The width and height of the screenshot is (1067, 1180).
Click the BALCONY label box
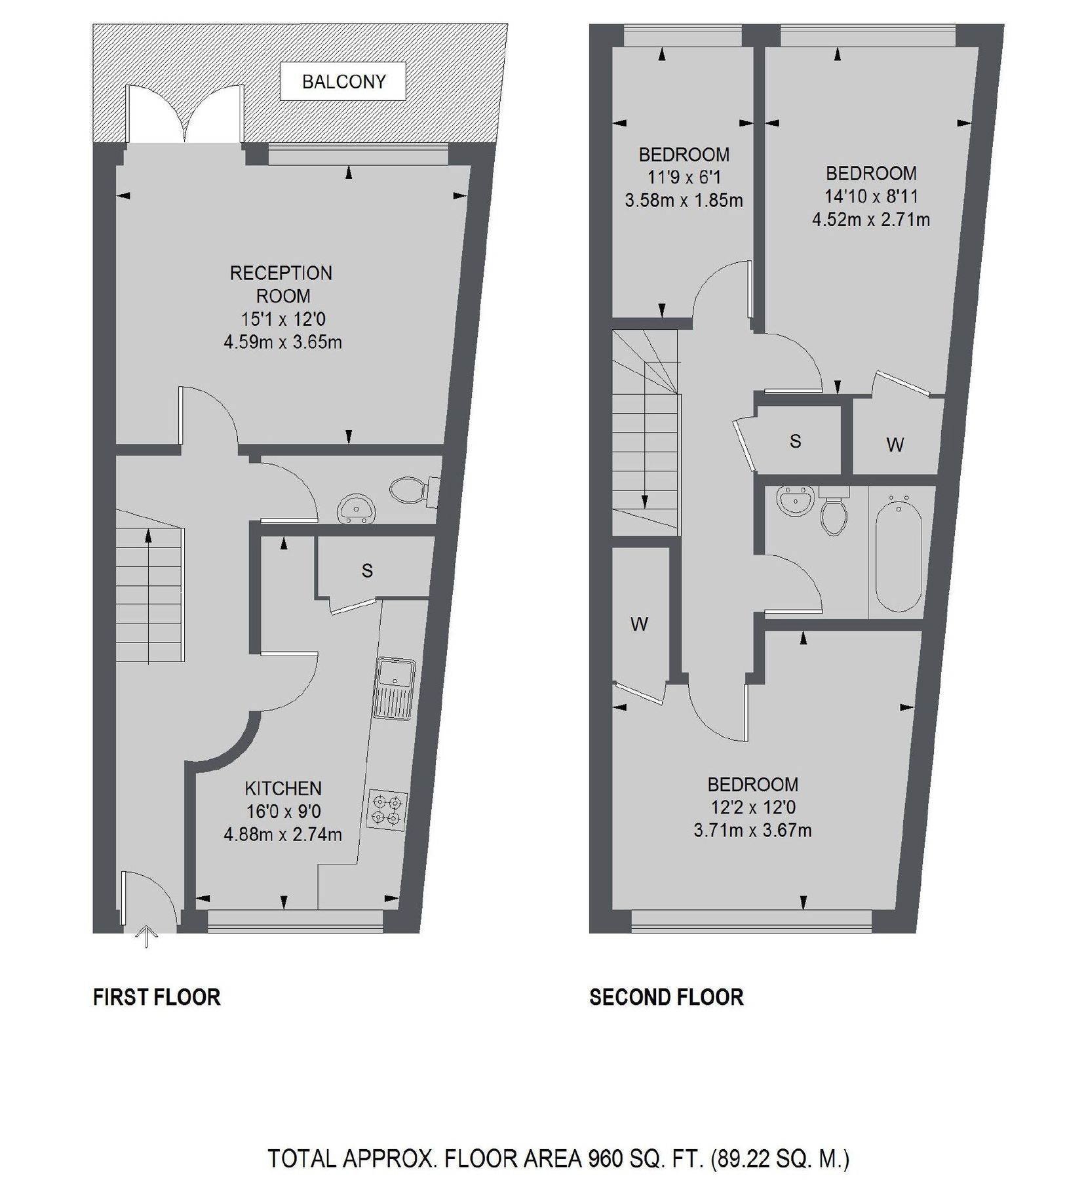343,81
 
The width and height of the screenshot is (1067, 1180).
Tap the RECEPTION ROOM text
281,284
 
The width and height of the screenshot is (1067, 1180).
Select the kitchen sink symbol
394,689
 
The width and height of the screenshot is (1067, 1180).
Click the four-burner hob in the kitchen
386,809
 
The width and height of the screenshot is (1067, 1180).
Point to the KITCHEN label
283,788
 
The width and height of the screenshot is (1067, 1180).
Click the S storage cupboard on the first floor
367,570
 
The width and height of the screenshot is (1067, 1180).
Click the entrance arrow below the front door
145,937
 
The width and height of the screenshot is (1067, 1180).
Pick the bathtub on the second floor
899,555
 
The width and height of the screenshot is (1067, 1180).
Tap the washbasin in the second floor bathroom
795,502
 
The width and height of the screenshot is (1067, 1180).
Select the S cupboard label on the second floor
795,441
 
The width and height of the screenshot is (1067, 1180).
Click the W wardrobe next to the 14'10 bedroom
895,445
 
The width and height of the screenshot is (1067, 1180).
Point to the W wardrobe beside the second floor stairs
639,623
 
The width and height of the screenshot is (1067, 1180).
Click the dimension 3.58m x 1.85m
684,200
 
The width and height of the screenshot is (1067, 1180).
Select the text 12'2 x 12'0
752,808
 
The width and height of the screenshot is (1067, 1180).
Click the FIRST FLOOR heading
157,997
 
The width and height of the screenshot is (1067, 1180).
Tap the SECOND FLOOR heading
666,997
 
